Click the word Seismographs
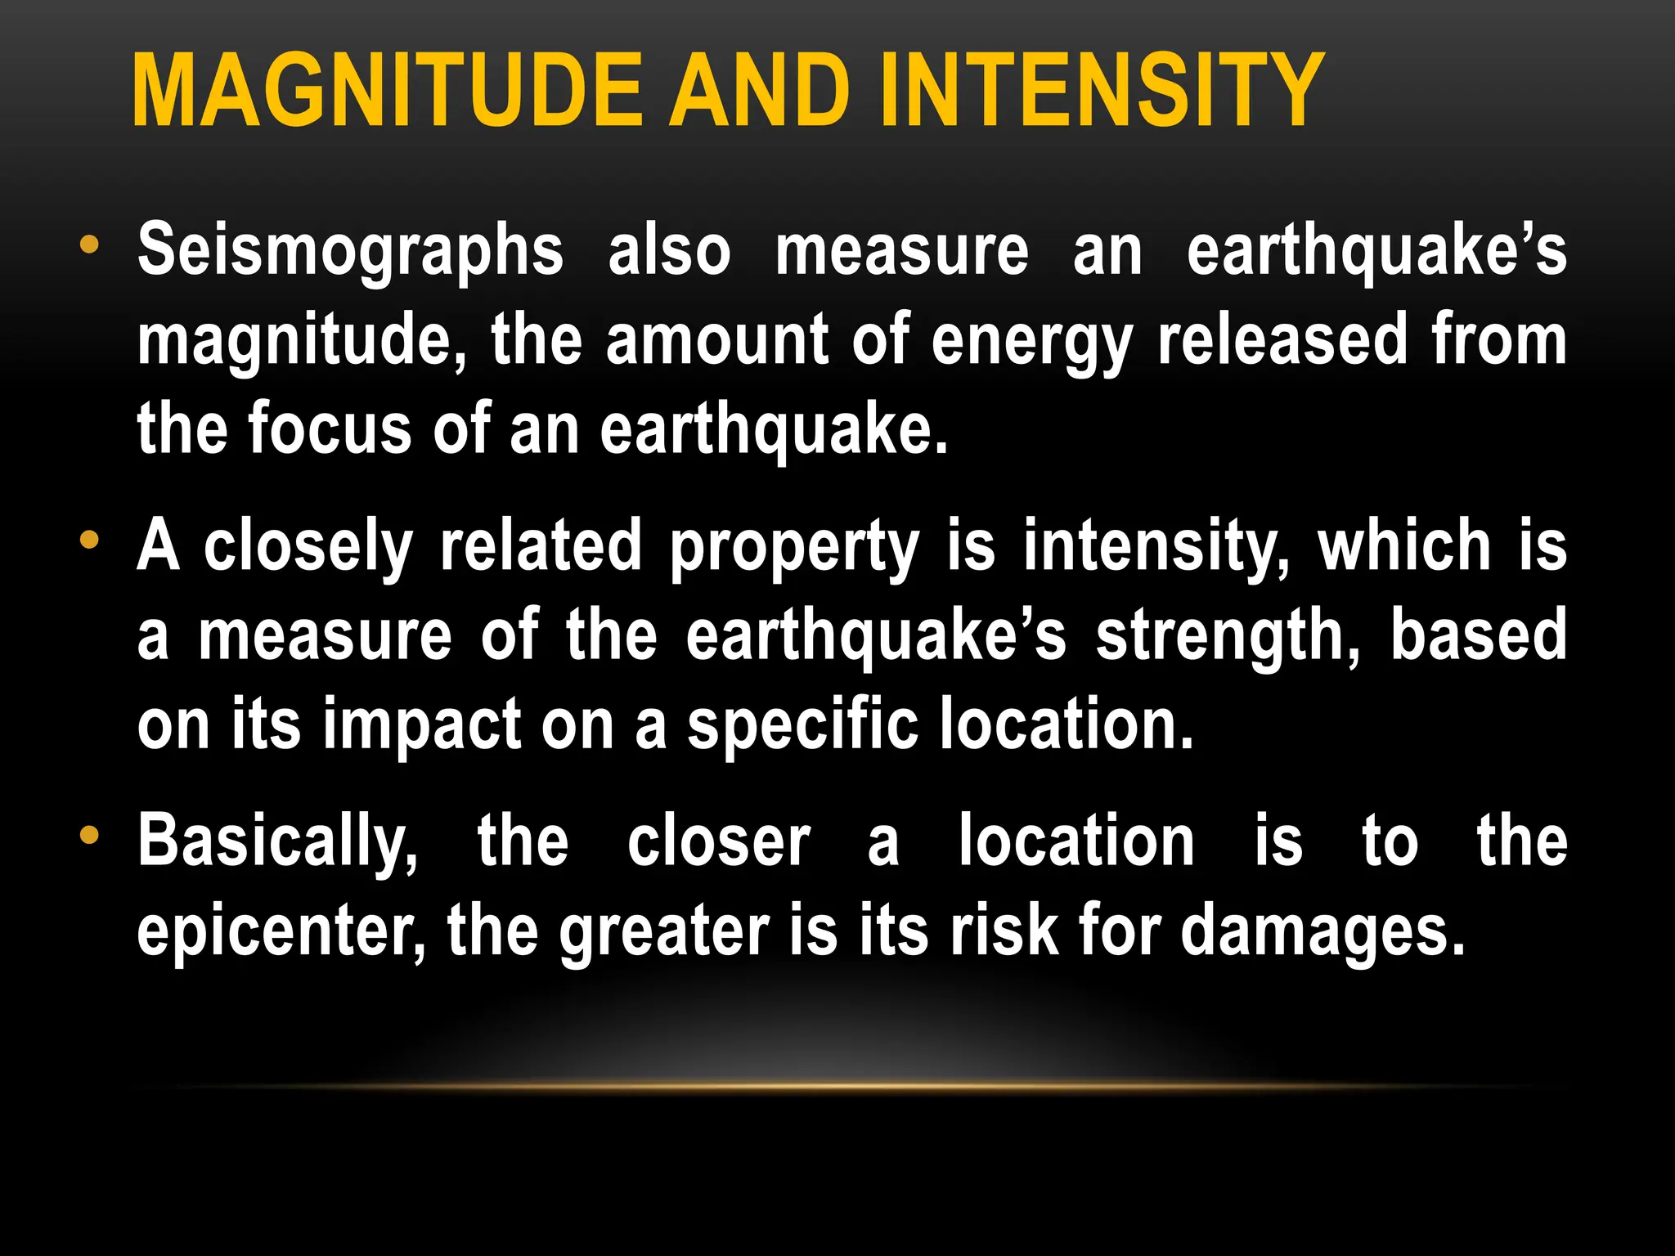pyautogui.click(x=350, y=252)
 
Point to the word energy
pyautogui.click(x=1032, y=342)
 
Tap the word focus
pyautogui.click(x=329, y=429)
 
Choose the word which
pyautogui.click(x=1404, y=546)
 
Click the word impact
pyautogui.click(x=422, y=724)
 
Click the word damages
pyautogui.click(x=1322, y=933)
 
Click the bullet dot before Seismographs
pyautogui.click(x=89, y=244)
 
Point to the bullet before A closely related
pyautogui.click(x=89, y=541)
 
